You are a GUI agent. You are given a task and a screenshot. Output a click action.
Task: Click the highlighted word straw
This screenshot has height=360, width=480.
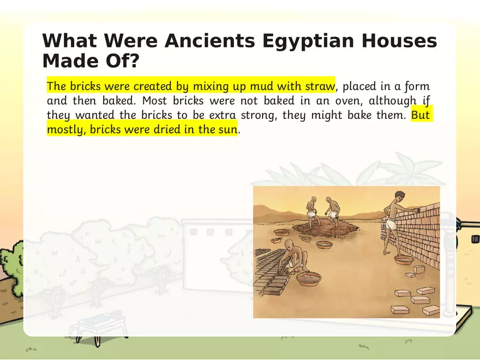[x=320, y=87]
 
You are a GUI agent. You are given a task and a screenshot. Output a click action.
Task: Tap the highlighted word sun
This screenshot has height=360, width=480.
[x=228, y=130]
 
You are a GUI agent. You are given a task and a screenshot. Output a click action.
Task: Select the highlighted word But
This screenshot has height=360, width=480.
[x=421, y=116]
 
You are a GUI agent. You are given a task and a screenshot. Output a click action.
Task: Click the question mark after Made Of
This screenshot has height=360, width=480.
[x=133, y=61]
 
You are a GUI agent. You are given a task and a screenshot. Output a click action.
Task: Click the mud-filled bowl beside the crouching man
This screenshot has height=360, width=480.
[x=309, y=279]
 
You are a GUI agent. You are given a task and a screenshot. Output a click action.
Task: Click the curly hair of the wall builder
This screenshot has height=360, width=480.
[x=399, y=195]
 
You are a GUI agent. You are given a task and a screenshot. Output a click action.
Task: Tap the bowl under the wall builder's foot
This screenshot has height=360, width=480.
[x=404, y=259]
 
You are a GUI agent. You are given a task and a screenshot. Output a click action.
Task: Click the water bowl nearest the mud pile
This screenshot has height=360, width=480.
[x=323, y=244]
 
